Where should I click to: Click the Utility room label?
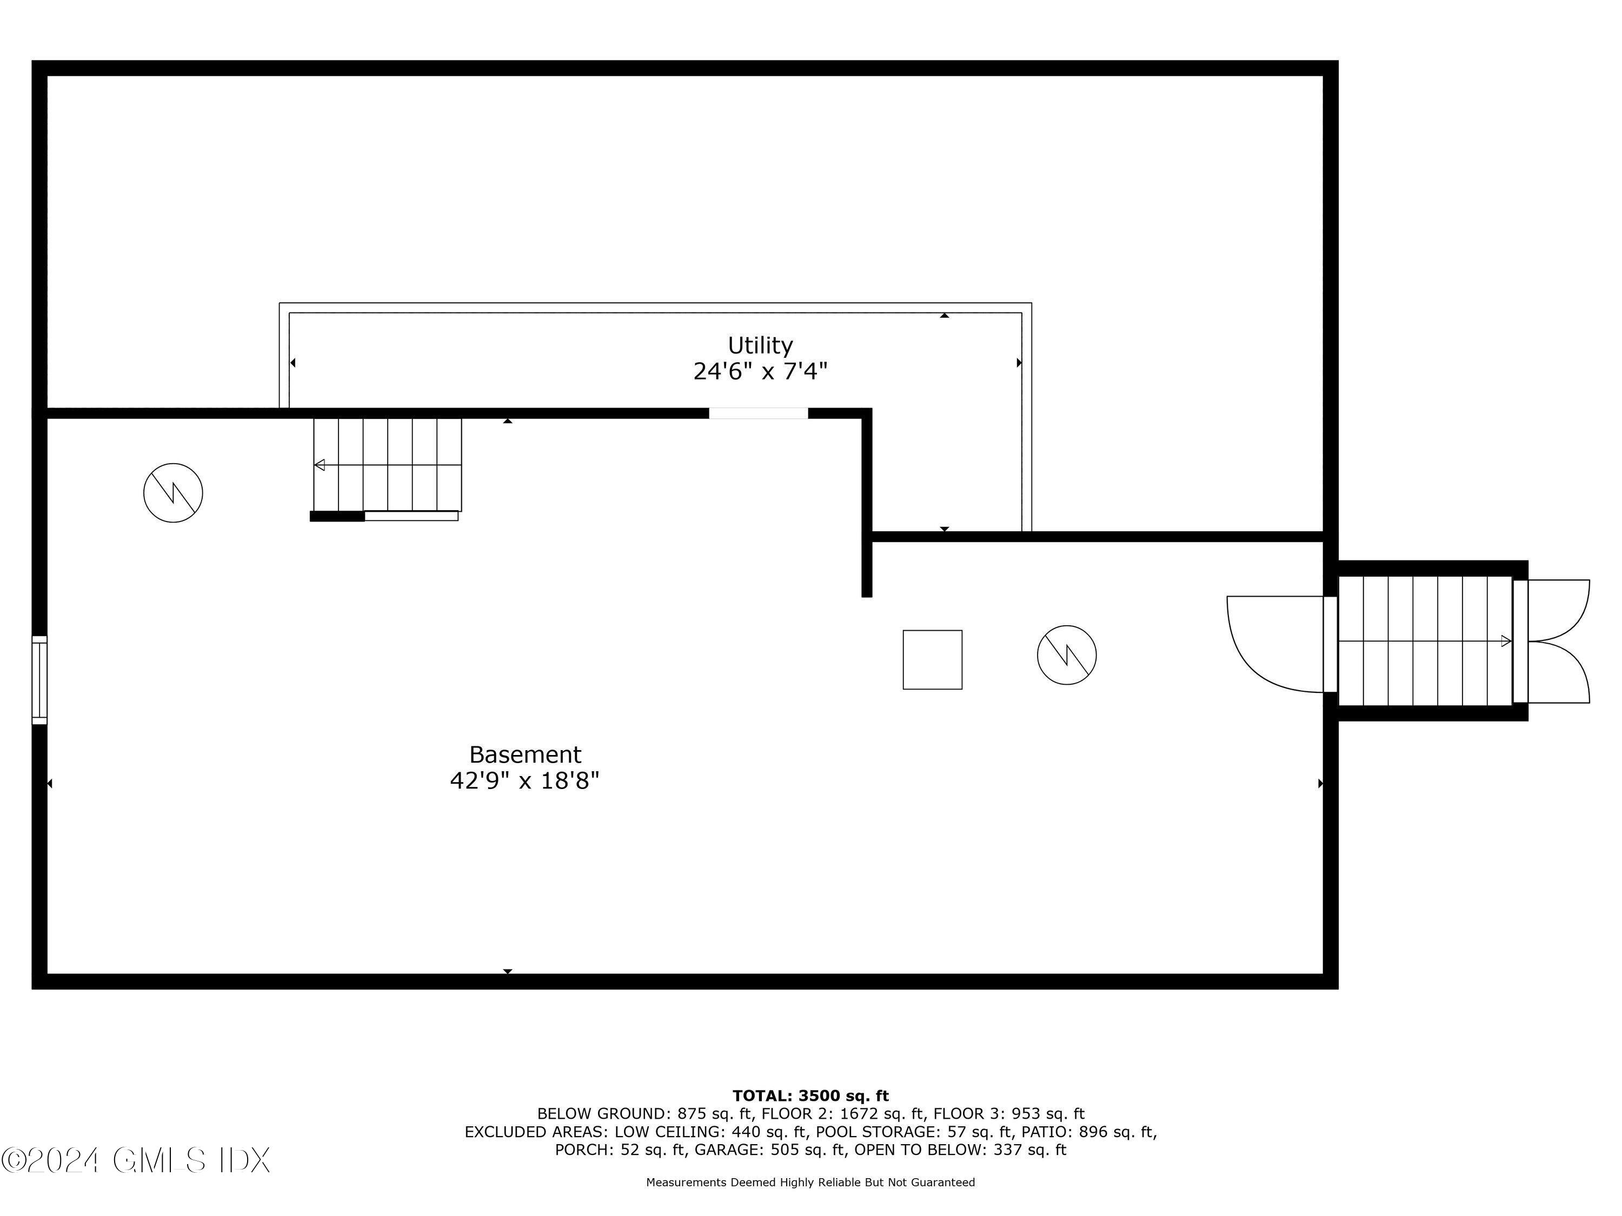tap(760, 345)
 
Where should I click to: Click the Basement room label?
tap(525, 754)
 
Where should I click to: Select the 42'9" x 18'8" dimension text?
tap(525, 780)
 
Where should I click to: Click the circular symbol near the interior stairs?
tap(173, 492)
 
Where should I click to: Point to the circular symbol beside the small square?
tap(1066, 654)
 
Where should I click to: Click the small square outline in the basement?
tap(932, 660)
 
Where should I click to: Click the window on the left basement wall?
tap(39, 680)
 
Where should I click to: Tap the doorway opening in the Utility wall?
tap(758, 413)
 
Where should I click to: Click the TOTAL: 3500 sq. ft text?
tap(810, 1096)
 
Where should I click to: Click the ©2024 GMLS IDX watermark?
tap(136, 1160)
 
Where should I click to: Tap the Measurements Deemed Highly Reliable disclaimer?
tap(810, 1182)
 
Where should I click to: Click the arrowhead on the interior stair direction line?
tap(320, 465)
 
